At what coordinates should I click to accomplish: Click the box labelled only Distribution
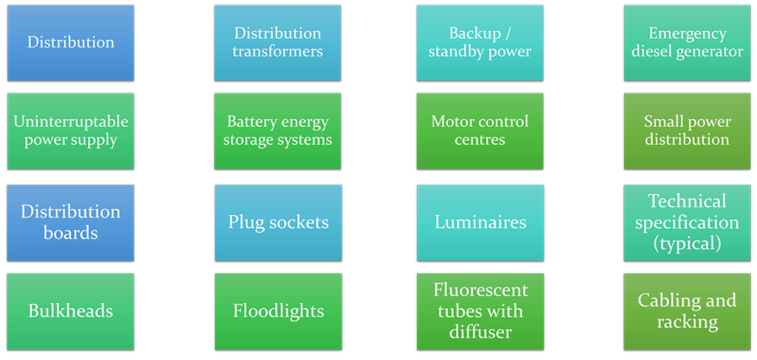(x=70, y=42)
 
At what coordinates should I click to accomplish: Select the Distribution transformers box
(x=277, y=42)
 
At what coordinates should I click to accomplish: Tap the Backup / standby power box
(x=480, y=42)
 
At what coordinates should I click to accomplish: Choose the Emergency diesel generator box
(x=687, y=42)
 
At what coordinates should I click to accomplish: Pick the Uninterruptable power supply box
(x=70, y=131)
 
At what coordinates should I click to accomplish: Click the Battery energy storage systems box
(x=277, y=131)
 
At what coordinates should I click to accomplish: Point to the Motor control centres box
(x=480, y=131)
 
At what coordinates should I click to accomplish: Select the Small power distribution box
(x=687, y=131)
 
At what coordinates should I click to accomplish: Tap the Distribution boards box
(x=70, y=223)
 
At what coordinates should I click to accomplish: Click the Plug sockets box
(x=277, y=223)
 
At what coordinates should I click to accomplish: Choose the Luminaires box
(x=480, y=223)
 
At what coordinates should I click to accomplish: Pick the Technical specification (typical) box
(x=687, y=223)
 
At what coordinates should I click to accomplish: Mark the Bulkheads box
(x=70, y=310)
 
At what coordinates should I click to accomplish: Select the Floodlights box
(x=277, y=310)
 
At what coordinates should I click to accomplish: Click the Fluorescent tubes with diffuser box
(x=480, y=310)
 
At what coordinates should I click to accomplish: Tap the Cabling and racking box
(x=687, y=310)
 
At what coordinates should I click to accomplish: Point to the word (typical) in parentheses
(x=687, y=243)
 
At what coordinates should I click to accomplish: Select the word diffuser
(x=480, y=332)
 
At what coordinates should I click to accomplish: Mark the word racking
(x=687, y=322)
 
